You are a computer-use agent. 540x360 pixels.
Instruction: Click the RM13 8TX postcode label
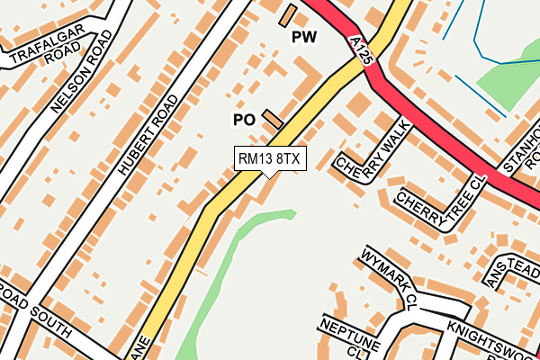coord(271,158)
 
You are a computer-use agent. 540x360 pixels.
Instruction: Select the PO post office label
coord(244,120)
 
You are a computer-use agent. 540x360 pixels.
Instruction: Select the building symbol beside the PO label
coord(273,118)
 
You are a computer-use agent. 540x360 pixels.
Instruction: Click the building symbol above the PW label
coord(288,14)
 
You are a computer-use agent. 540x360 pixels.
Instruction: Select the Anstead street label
coord(512,270)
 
